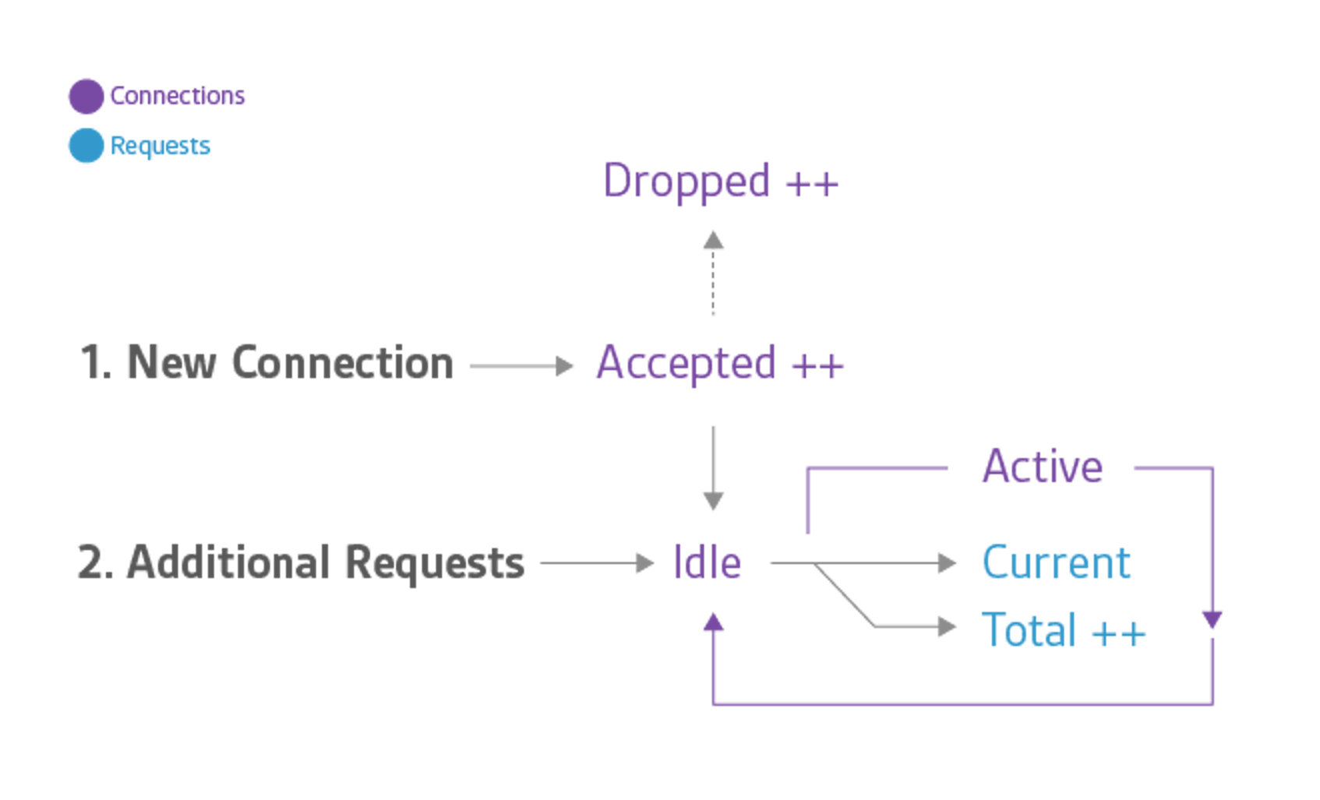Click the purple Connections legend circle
[x=86, y=97]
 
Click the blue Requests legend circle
[x=86, y=146]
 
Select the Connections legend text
[x=178, y=96]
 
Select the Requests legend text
[x=161, y=146]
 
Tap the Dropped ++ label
[x=720, y=181]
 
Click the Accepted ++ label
[x=719, y=364]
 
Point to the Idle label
[x=707, y=562]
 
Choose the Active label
[x=1042, y=467]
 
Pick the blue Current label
[x=1057, y=562]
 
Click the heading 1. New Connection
[x=266, y=363]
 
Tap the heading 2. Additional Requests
[x=302, y=562]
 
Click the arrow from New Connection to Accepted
[x=521, y=365]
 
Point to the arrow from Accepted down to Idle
[x=713, y=467]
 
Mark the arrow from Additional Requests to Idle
[x=596, y=562]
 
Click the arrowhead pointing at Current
[x=948, y=562]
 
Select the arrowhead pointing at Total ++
[x=948, y=626]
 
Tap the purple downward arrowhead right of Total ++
[x=1212, y=619]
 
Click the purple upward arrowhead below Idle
[x=713, y=622]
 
